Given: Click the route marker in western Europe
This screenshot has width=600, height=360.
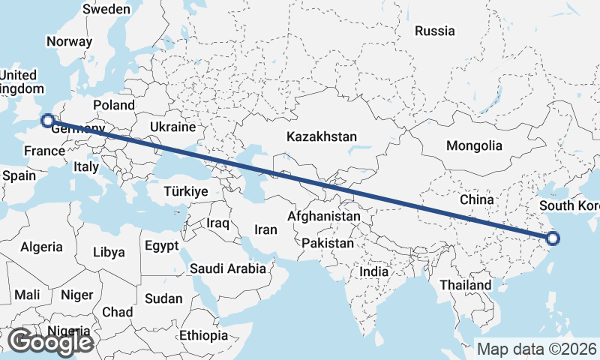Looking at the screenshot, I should coord(47,120).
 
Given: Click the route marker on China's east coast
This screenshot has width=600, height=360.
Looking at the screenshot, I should coord(553,239).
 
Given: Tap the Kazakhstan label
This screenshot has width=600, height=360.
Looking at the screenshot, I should coord(321,136).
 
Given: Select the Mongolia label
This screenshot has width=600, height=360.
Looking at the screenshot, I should coord(474,145).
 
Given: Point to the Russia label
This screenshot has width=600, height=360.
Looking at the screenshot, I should coord(435,31).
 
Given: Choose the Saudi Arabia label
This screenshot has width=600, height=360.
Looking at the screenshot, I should coord(228,268).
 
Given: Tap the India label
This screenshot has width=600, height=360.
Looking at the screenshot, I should coord(374,271).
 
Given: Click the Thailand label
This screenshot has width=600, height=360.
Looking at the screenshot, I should coord(466,285).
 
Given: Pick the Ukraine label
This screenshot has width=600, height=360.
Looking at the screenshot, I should coord(172,127).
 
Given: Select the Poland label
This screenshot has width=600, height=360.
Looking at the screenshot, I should coord(114,105).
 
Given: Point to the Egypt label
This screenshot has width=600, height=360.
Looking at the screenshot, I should coord(162,246).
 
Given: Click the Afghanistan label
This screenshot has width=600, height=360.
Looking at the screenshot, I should coord(324,216).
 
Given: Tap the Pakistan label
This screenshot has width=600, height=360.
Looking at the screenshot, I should coord(328,243).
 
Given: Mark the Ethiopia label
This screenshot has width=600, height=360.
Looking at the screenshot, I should coord(203,334).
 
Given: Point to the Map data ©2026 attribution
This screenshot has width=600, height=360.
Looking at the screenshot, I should coord(536,349).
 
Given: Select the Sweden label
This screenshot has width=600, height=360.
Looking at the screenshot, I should coord(106,9).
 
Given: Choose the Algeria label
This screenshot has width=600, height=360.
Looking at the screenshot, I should coord(42,247).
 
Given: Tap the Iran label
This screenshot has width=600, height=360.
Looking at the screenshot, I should coord(266,229).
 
